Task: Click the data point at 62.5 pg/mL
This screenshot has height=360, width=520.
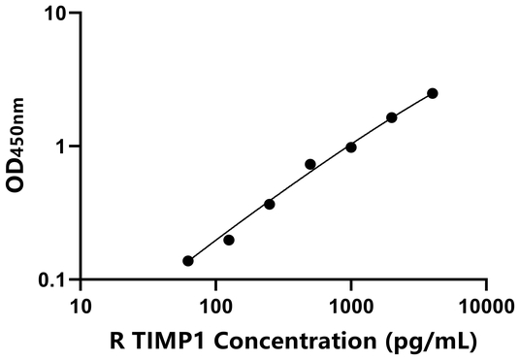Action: (188, 261)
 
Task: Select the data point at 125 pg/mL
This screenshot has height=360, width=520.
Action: (229, 240)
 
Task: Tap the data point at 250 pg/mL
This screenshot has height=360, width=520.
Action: (270, 204)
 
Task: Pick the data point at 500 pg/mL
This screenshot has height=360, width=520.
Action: (310, 164)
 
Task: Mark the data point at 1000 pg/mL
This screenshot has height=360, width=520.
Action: (351, 147)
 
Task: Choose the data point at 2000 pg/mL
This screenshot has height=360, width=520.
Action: (392, 117)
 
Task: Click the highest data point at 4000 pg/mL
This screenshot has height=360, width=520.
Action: (433, 93)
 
